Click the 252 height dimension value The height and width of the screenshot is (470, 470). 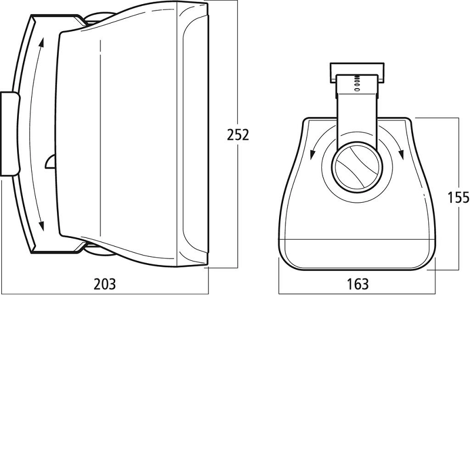pos(238,135)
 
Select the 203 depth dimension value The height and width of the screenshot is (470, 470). pos(105,284)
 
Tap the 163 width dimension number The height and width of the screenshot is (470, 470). pos(358,284)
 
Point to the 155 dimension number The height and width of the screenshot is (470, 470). pos(458,197)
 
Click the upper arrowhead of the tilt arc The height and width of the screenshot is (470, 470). pos(42,42)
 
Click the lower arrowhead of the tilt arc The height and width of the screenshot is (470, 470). pos(42,226)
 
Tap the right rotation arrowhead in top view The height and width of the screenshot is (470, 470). pos(401,154)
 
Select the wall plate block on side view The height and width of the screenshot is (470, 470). pos(10,134)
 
